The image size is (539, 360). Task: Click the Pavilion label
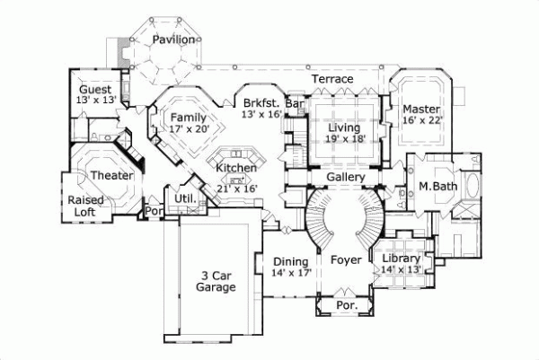[172, 40]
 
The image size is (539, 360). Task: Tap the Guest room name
[94, 90]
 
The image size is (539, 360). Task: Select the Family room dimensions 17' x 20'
[188, 129]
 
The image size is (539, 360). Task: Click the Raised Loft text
[85, 205]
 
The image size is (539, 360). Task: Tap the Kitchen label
[236, 168]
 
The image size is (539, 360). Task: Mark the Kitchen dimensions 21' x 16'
[236, 189]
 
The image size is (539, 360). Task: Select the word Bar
[293, 103]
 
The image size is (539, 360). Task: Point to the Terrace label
[331, 80]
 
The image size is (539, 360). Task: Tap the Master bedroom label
[420, 110]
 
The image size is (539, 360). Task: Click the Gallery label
[345, 178]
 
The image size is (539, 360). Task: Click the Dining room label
[291, 261]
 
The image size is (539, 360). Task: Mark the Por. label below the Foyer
[346, 305]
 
